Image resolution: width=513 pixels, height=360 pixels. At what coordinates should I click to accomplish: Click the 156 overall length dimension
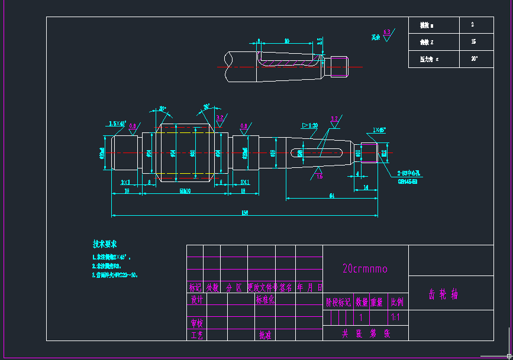coord(244,213)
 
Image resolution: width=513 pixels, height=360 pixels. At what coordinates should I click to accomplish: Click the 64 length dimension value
coord(332,195)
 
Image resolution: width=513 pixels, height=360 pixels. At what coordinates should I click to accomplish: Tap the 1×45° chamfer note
coord(379,129)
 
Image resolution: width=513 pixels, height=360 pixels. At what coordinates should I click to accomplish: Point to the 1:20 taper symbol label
coord(309,125)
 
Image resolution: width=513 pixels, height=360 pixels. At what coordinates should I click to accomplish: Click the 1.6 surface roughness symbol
coord(320,176)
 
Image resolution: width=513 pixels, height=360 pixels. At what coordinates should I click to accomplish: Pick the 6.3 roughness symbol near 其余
coord(388,34)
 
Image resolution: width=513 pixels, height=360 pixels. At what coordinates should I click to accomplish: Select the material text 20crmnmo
coord(365,269)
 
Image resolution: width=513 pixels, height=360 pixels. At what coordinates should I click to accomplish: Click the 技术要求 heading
coord(105,244)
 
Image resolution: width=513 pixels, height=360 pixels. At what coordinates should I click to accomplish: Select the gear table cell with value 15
coord(473,42)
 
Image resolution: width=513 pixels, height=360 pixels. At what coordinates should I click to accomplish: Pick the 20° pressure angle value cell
coord(474,59)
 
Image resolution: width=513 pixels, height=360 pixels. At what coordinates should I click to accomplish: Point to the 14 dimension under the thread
coord(366,187)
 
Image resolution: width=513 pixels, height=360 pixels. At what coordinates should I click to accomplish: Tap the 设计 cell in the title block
coord(196,300)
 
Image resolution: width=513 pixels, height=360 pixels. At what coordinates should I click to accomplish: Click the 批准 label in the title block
coord(264,335)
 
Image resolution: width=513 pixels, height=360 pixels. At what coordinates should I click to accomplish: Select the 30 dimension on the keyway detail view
coord(287,41)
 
